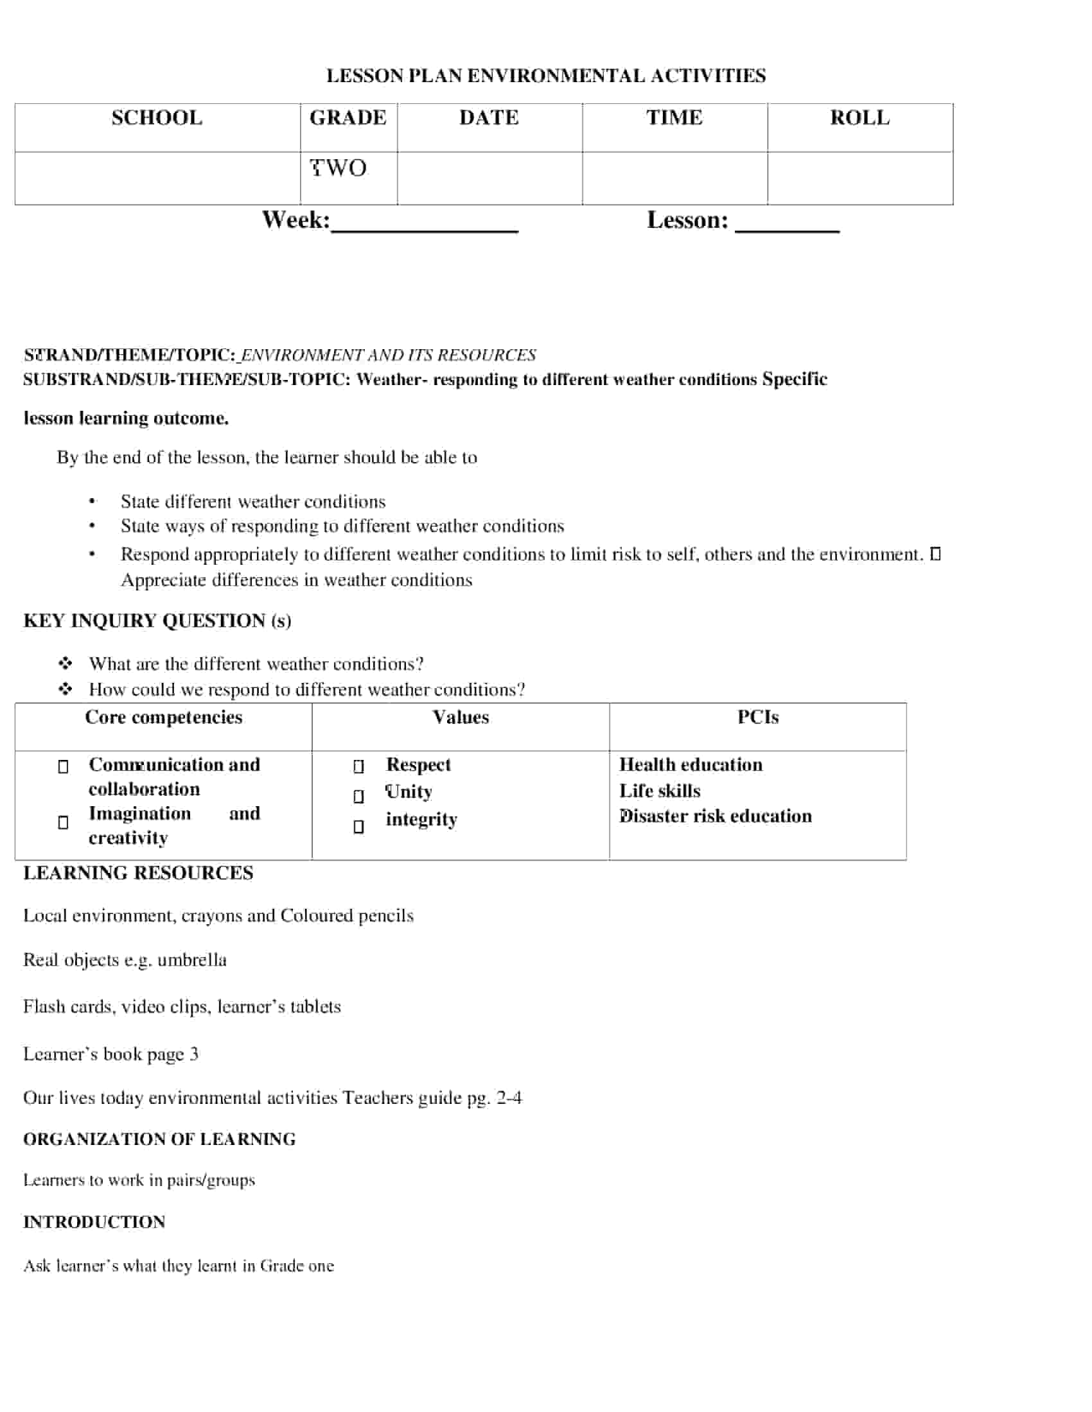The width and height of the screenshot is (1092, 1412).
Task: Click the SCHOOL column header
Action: click(157, 118)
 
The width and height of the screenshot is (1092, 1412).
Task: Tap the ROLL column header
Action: click(859, 118)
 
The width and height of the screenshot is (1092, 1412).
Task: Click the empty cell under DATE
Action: click(489, 178)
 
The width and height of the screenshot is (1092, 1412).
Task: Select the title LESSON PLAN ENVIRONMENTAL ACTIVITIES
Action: click(545, 76)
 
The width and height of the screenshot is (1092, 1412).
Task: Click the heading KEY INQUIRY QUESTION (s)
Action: click(157, 621)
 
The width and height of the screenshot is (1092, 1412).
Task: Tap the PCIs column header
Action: click(757, 718)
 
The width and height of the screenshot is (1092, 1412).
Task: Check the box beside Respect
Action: click(358, 767)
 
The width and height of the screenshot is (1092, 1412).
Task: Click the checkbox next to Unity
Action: click(358, 796)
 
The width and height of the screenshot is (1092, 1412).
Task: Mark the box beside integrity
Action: click(358, 827)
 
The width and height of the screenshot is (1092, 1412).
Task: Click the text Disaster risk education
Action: click(715, 816)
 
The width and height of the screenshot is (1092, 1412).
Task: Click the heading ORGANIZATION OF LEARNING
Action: click(159, 1139)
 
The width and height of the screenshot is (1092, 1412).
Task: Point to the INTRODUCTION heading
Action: click(94, 1222)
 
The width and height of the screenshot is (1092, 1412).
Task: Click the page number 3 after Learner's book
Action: click(193, 1055)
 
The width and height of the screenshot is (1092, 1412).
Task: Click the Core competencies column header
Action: click(164, 718)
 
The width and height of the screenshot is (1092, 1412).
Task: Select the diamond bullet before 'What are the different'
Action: click(66, 664)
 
